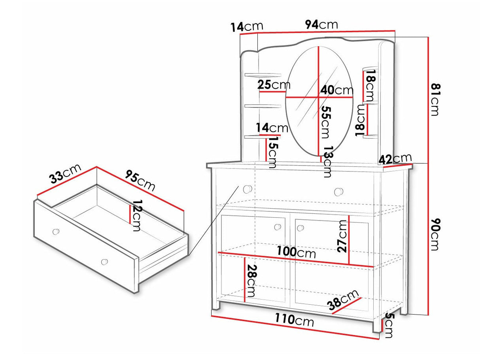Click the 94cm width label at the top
click(321, 25)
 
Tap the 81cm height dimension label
click(435, 100)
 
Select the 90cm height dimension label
click(435, 234)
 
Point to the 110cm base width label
click(294, 320)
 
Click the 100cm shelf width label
click(296, 252)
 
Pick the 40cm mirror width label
click(337, 90)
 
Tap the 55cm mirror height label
click(326, 123)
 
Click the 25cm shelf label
click(274, 85)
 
